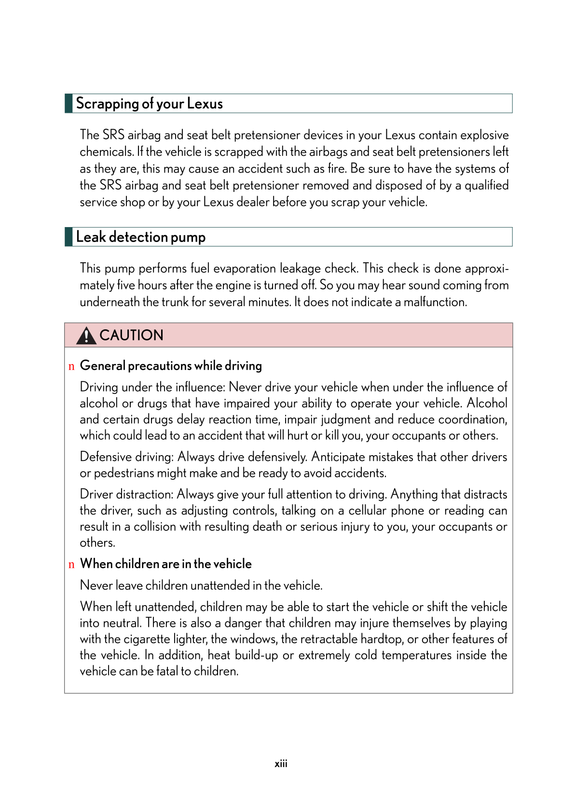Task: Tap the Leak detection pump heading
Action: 141,237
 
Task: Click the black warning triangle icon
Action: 86,336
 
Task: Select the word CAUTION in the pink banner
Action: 131,335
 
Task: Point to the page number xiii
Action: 281,764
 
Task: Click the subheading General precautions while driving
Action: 171,365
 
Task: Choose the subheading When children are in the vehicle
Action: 166,564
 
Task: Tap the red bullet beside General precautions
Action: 71,366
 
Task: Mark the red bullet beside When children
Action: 71,565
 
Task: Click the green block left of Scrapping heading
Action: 69,104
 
